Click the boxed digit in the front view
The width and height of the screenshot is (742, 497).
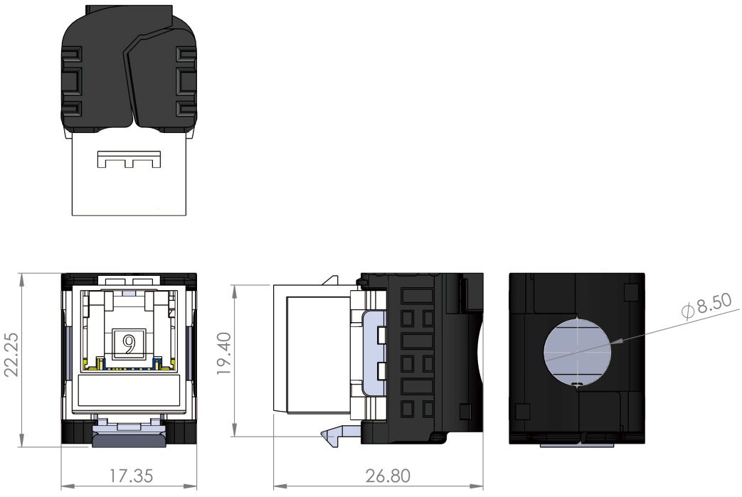[x=129, y=343]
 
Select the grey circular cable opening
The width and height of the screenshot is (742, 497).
[x=577, y=351]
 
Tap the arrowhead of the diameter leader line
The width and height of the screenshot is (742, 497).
[x=618, y=341]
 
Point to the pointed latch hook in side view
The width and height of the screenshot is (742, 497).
[x=331, y=436]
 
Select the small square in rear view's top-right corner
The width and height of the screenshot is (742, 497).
[x=629, y=292]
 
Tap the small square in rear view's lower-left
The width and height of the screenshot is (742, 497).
[x=523, y=411]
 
